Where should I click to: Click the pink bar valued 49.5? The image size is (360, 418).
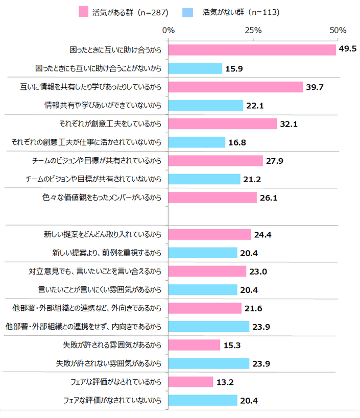(x=252, y=50)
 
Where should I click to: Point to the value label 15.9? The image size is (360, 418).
(x=234, y=68)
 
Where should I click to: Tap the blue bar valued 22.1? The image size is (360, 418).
(x=205, y=106)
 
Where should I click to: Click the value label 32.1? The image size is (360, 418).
(x=289, y=124)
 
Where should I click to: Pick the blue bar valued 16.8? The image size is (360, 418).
(x=197, y=142)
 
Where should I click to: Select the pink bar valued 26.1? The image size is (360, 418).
(x=212, y=198)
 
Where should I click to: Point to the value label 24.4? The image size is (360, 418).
(x=263, y=235)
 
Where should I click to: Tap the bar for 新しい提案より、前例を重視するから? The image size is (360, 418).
(x=203, y=253)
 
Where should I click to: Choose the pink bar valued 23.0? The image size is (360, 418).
(x=207, y=272)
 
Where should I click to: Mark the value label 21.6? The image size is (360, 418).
(x=253, y=308)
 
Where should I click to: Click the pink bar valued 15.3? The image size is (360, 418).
(x=194, y=345)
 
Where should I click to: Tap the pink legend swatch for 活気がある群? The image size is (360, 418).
(x=83, y=11)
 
